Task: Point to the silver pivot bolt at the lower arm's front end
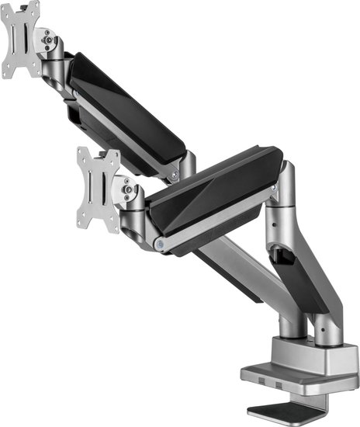160,243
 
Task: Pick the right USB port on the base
279,383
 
